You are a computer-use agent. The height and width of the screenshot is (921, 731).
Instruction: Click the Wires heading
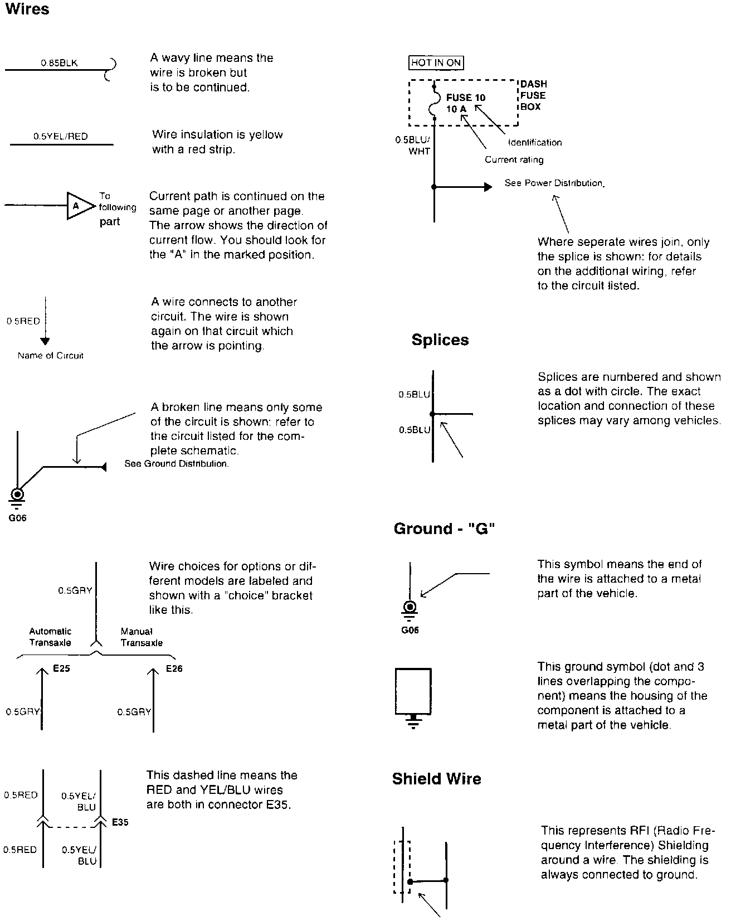(27, 9)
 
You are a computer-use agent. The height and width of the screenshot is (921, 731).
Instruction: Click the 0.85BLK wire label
(59, 63)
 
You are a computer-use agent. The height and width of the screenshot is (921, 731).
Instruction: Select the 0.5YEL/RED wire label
(60, 137)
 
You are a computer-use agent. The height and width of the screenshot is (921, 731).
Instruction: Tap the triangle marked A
(77, 206)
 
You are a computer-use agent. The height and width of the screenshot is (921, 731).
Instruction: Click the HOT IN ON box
(436, 63)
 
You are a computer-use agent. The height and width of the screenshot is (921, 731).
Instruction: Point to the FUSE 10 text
(466, 98)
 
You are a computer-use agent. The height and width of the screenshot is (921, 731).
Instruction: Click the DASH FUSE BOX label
(533, 95)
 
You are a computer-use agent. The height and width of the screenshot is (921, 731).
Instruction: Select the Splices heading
(440, 340)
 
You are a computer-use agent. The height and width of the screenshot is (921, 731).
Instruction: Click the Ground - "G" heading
(444, 529)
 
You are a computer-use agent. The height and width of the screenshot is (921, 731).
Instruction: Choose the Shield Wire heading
(436, 779)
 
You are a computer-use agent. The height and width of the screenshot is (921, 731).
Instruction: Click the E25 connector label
(61, 668)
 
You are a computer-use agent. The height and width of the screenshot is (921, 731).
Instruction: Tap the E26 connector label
(174, 668)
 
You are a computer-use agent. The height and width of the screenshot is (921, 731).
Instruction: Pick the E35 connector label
(120, 822)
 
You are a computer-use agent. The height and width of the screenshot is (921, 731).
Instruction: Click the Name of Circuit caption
(50, 356)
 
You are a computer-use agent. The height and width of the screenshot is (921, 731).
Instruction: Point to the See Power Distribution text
(554, 183)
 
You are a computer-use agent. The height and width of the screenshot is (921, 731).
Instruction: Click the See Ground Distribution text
(177, 464)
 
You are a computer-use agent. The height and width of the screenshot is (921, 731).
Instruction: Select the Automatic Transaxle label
(50, 637)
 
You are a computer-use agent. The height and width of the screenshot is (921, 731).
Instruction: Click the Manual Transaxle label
(142, 637)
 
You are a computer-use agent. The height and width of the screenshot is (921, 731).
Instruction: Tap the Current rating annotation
(514, 160)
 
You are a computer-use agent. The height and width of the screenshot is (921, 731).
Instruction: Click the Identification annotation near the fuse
(535, 143)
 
